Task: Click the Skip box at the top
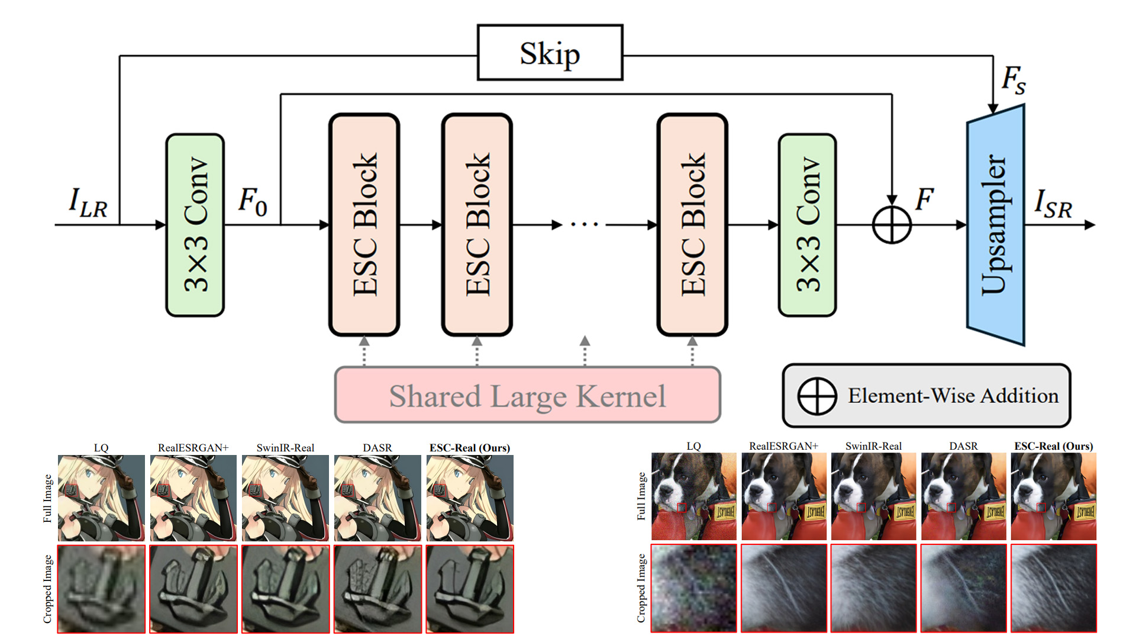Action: (550, 53)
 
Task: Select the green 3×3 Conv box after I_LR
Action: (195, 225)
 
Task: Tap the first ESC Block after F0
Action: (364, 225)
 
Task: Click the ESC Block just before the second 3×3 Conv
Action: (692, 225)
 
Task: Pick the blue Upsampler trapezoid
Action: (995, 225)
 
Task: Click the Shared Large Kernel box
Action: (527, 395)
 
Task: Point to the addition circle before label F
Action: (892, 225)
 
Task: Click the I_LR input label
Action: (88, 202)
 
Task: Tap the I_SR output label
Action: (1053, 204)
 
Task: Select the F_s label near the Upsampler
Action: (1013, 79)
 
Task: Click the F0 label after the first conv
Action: (253, 201)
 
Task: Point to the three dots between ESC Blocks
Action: (585, 225)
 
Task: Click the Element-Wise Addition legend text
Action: (953, 395)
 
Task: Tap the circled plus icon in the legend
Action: (816, 396)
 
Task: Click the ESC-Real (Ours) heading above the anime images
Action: (469, 448)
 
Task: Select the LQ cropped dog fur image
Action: (693, 588)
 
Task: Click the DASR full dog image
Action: (963, 496)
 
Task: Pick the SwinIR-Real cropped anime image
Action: (285, 589)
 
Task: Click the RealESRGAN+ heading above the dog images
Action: (783, 446)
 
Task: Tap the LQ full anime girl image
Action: (101, 498)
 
